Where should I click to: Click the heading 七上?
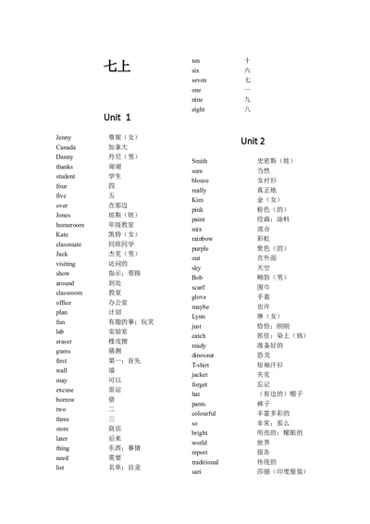(x=117, y=67)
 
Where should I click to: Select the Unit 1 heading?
(x=117, y=118)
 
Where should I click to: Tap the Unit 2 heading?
(x=253, y=141)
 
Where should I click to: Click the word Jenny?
(x=63, y=137)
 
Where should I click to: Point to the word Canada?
(x=66, y=147)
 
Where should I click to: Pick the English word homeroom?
(x=69, y=225)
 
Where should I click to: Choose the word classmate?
(x=68, y=244)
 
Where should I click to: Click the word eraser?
(x=64, y=342)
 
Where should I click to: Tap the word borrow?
(x=65, y=400)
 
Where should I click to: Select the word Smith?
(x=200, y=161)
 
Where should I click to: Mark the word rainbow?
(x=202, y=239)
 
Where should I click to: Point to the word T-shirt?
(x=201, y=365)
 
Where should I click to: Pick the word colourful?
(x=204, y=413)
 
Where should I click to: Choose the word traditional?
(x=205, y=461)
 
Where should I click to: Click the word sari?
(x=197, y=471)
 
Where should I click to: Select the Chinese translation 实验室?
(x=117, y=331)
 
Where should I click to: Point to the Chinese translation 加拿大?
(x=117, y=147)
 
